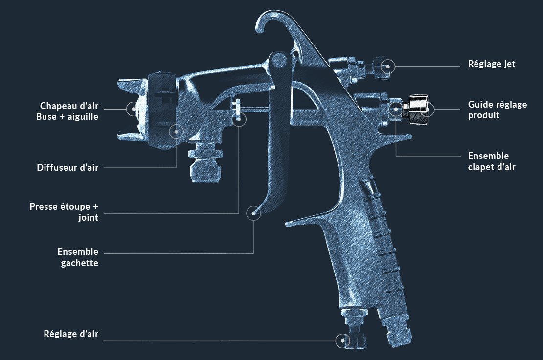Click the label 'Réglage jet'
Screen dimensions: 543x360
point(492,64)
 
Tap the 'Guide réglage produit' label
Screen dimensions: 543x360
point(498,110)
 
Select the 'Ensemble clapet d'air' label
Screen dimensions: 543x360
point(492,161)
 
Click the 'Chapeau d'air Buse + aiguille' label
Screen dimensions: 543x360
point(67,111)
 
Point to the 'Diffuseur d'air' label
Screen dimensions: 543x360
point(68,168)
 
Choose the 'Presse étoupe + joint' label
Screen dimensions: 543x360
point(64,212)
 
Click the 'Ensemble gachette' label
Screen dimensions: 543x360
point(78,257)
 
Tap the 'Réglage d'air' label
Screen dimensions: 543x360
point(71,334)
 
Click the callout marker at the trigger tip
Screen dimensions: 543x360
point(253,213)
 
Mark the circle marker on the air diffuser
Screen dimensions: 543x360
point(176,132)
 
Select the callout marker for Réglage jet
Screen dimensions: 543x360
point(388,67)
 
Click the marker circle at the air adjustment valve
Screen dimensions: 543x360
point(343,340)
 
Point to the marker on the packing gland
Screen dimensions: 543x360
point(239,119)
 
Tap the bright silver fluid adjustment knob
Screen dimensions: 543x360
point(417,109)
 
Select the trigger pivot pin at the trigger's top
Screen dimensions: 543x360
point(278,61)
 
